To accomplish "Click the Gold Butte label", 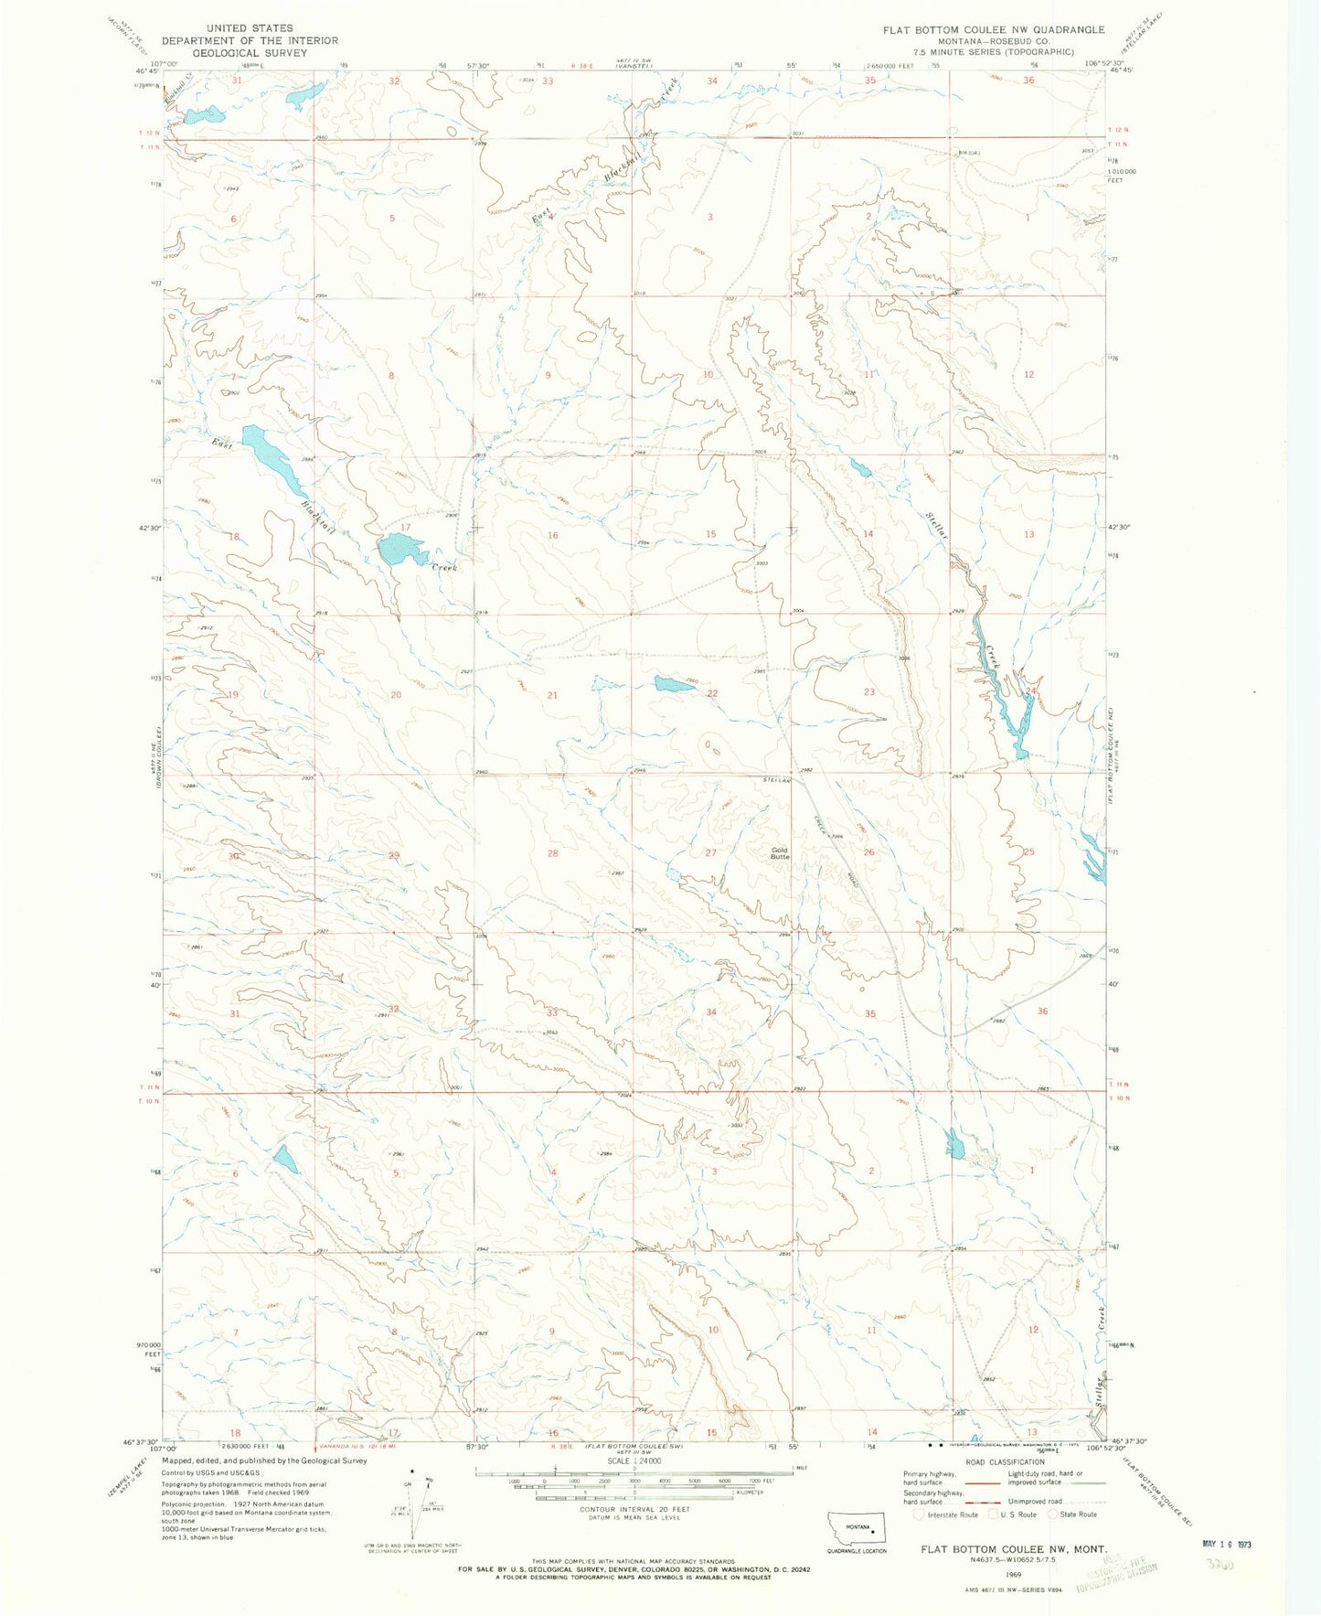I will (x=779, y=854).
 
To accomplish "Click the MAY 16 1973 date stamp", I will (x=1226, y=1544).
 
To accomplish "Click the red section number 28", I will (x=552, y=853).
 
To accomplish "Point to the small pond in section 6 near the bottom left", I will (x=285, y=1160).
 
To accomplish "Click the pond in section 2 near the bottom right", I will (x=955, y=1145).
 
